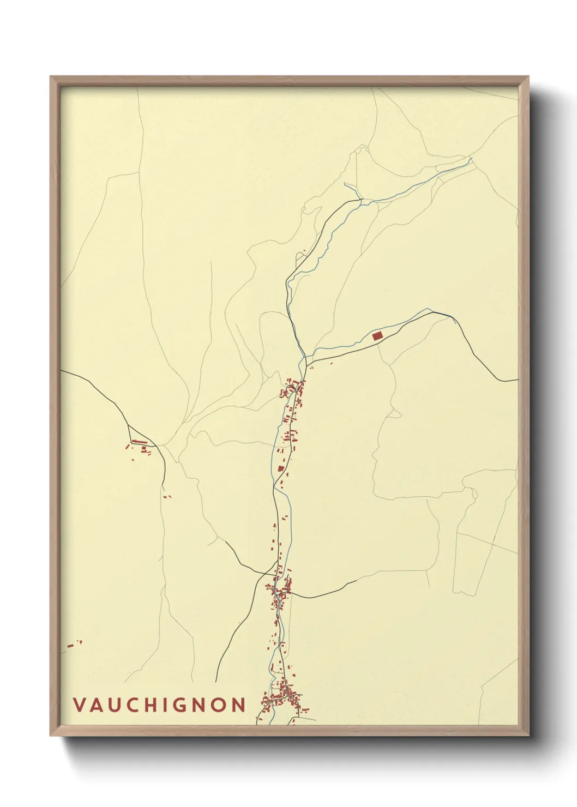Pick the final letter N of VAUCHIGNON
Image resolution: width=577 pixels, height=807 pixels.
(239, 705)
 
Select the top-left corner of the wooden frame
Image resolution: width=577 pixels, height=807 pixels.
(51, 77)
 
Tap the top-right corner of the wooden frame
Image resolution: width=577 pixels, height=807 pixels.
(528, 77)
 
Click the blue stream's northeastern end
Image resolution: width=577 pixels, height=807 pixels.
(471, 159)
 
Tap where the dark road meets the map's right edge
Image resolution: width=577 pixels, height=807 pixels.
(517, 381)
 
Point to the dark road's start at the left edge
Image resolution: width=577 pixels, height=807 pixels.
(61, 371)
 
